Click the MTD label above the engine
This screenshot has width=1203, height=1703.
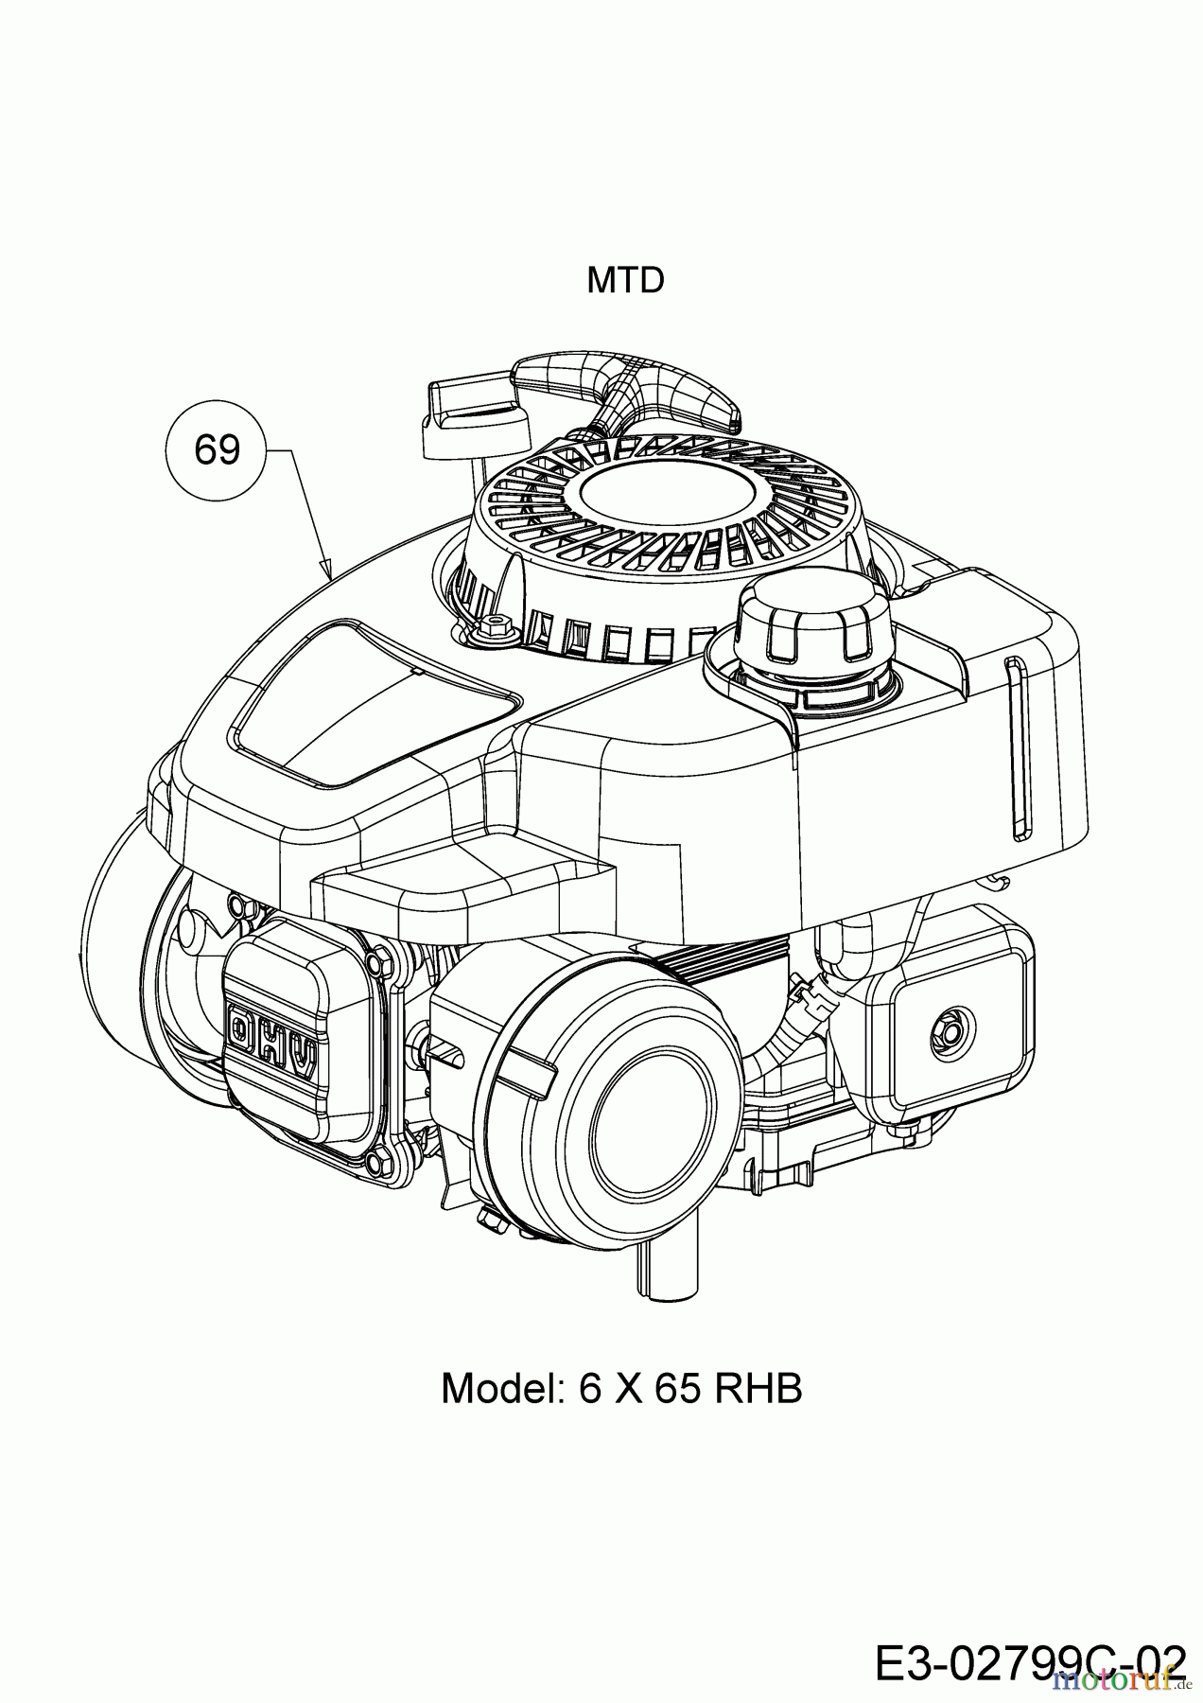(x=625, y=280)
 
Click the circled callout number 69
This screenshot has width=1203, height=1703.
(x=217, y=449)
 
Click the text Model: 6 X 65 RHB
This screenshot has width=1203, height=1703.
(x=621, y=1389)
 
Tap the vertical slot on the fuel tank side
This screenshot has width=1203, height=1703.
(x=1020, y=747)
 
